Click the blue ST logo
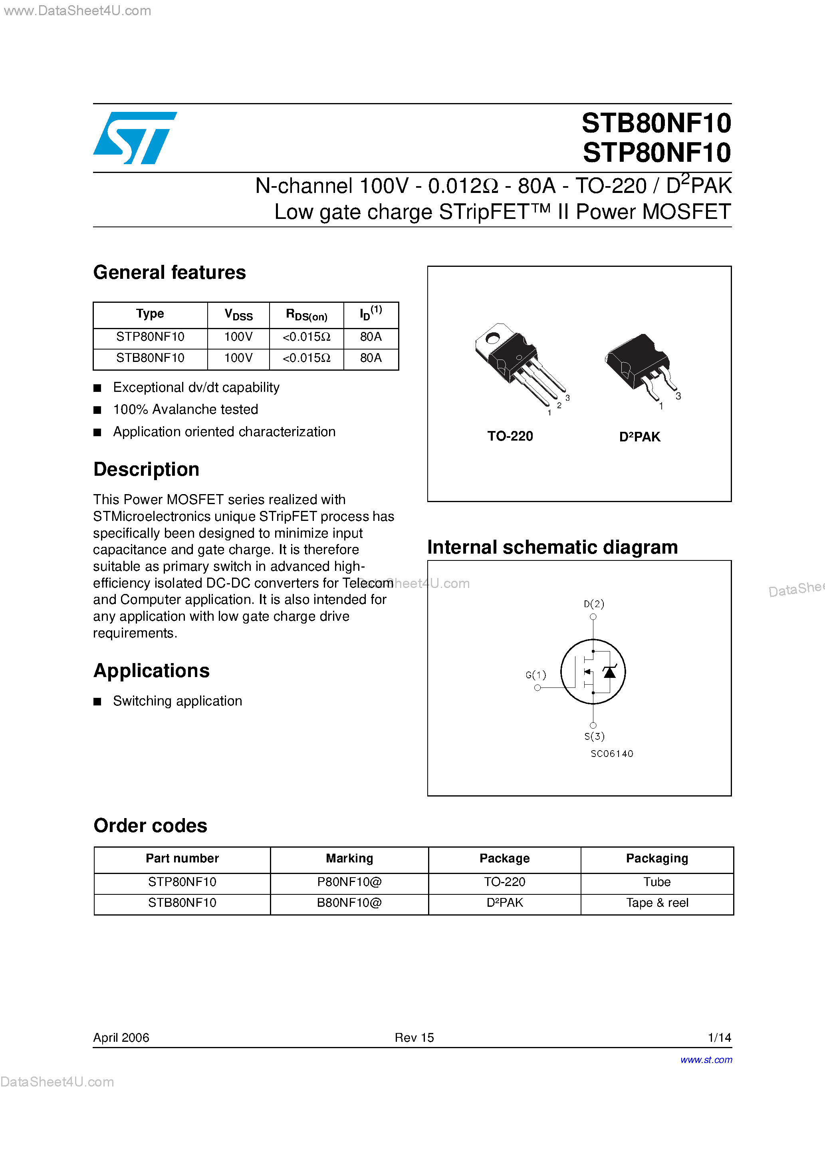[x=135, y=137]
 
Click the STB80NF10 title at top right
[x=656, y=123]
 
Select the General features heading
[x=169, y=273]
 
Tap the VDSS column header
[x=238, y=315]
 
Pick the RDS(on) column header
[x=306, y=315]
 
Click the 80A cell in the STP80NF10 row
[x=371, y=337]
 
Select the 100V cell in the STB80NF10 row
[x=238, y=358]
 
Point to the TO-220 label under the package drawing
[x=510, y=437]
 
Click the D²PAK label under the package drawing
[x=640, y=437]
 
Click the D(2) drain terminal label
[x=593, y=604]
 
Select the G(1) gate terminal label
[x=535, y=675]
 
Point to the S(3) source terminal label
[x=594, y=736]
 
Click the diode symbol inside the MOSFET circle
[x=609, y=672]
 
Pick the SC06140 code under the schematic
[x=612, y=754]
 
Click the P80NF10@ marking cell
[x=349, y=882]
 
